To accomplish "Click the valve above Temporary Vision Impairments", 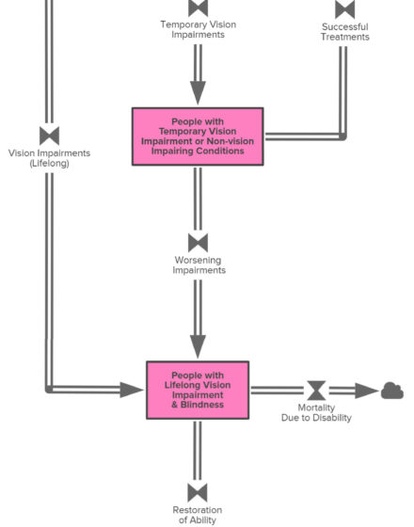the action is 198,8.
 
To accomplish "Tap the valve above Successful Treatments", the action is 344,8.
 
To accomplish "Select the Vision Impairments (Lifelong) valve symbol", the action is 49,136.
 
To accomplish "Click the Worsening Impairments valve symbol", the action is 198,243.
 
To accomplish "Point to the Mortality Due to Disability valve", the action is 316,391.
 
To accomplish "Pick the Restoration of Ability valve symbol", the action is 198,493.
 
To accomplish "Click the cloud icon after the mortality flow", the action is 391,391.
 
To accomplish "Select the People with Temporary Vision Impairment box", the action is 198,136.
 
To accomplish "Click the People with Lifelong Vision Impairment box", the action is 198,390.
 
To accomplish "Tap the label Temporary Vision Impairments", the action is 198,29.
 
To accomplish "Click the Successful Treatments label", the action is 344,32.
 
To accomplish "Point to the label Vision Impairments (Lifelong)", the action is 49,158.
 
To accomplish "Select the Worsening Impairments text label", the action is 199,264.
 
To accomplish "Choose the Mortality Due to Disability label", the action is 316,412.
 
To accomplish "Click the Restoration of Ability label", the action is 198,515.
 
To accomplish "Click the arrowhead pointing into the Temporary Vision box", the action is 198,93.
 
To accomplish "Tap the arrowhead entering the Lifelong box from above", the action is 198,346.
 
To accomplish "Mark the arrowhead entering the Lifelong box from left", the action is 132,390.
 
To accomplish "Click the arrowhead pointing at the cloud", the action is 367,391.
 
